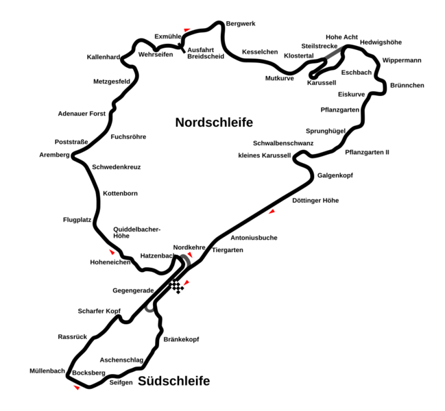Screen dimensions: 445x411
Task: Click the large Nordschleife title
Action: coord(214,123)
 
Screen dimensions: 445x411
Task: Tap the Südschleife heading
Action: coord(173,381)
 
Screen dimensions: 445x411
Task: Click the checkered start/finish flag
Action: coord(177,286)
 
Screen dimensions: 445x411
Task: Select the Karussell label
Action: coord(322,83)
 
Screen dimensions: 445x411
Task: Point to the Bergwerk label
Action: coord(241,24)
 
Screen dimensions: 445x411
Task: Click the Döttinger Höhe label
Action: coord(315,201)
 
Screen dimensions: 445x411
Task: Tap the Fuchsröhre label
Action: coord(128,137)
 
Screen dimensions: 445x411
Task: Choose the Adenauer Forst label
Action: coord(82,114)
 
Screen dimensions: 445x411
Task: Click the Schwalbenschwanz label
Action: coord(283,143)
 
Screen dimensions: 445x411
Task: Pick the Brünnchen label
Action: coord(407,86)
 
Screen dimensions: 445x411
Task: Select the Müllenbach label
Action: coord(47,371)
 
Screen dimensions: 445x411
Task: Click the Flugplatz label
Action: coord(77,220)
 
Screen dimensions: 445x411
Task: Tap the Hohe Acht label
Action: coord(341,37)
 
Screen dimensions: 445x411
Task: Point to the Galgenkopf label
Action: coord(335,175)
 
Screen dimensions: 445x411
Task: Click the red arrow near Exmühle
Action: coord(187,29)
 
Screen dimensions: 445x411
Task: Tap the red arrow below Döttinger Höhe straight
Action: coord(272,212)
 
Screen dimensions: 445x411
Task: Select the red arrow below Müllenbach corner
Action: coord(77,388)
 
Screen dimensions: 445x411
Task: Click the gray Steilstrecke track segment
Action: coord(335,53)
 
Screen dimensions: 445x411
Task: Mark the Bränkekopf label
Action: coord(181,339)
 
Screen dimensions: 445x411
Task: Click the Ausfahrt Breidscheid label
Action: coord(206,53)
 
